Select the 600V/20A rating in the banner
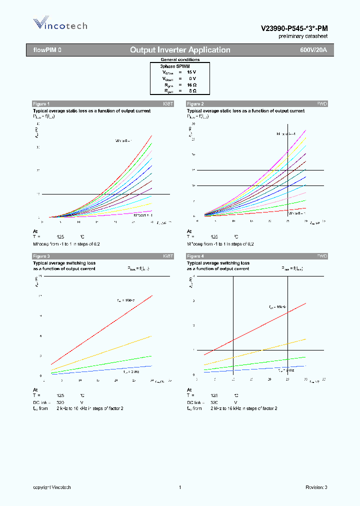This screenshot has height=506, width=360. tap(313, 50)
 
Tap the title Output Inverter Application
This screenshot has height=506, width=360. tap(180, 50)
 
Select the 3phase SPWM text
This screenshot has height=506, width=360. tap(174, 66)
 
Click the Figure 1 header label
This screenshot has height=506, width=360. tap(41, 103)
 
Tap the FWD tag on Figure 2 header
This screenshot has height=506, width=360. tap(322, 103)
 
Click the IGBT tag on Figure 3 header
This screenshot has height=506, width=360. tap(168, 256)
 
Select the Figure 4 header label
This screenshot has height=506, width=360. tap(195, 256)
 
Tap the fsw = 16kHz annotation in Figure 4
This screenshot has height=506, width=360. tap(277, 306)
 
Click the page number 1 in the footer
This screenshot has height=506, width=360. tap(179, 487)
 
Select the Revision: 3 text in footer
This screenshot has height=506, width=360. tap(316, 487)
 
